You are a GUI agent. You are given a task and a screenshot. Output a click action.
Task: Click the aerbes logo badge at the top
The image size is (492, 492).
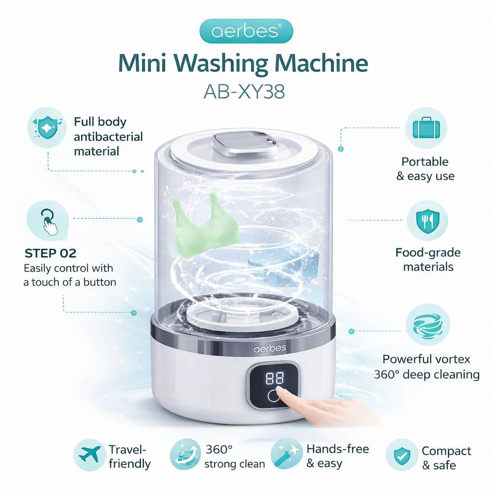pyautogui.click(x=246, y=32)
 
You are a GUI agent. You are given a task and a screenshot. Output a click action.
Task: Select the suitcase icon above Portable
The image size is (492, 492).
pyautogui.click(x=425, y=128)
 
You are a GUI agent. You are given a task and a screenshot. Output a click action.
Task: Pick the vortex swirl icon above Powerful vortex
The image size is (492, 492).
pyautogui.click(x=427, y=325)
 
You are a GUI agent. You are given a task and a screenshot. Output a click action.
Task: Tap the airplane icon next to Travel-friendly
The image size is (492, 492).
pyautogui.click(x=90, y=454)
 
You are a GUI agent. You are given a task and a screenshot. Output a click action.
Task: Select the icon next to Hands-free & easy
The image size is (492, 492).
pyautogui.click(x=287, y=455)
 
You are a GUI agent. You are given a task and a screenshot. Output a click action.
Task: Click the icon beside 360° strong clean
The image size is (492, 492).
pyautogui.click(x=185, y=455)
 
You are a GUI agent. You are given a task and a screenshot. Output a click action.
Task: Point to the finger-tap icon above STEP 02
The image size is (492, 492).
pyautogui.click(x=49, y=221)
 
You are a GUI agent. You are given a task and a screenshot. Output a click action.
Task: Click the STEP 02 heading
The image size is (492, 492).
pyautogui.click(x=51, y=254)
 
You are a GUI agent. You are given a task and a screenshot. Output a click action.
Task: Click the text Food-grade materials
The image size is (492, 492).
pyautogui.click(x=428, y=259)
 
